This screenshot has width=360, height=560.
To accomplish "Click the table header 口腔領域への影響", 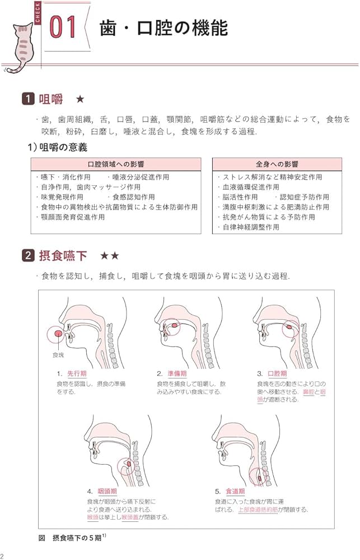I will (116, 164).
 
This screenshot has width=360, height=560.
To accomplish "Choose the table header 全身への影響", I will (277, 164).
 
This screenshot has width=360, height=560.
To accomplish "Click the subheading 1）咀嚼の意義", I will (58, 147).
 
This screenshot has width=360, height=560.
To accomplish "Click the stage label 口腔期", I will (277, 374).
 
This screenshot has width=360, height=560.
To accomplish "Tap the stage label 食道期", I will (235, 491).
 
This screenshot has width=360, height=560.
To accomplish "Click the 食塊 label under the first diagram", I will (58, 355).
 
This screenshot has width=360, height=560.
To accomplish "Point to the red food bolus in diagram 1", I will (58, 334).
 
